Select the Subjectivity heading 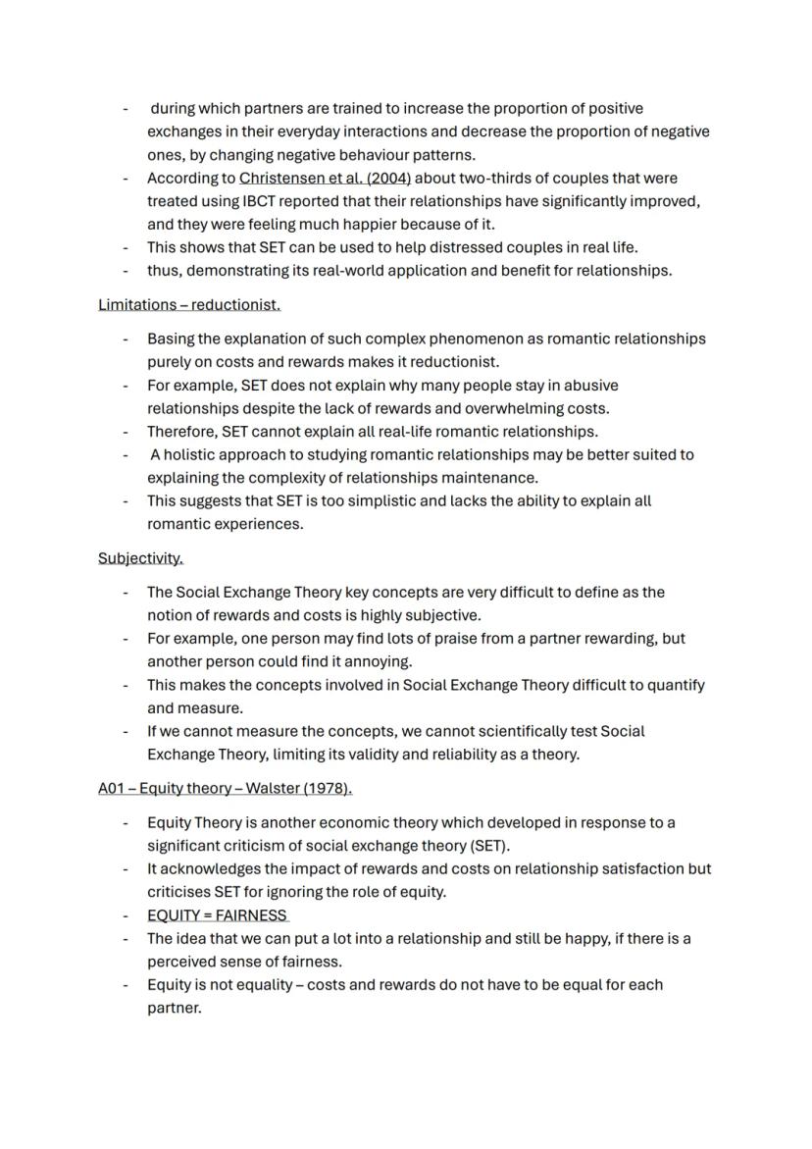tap(140, 558)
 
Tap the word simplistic tap(330, 501)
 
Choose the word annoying tap(378, 661)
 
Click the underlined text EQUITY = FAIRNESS tap(217, 915)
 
